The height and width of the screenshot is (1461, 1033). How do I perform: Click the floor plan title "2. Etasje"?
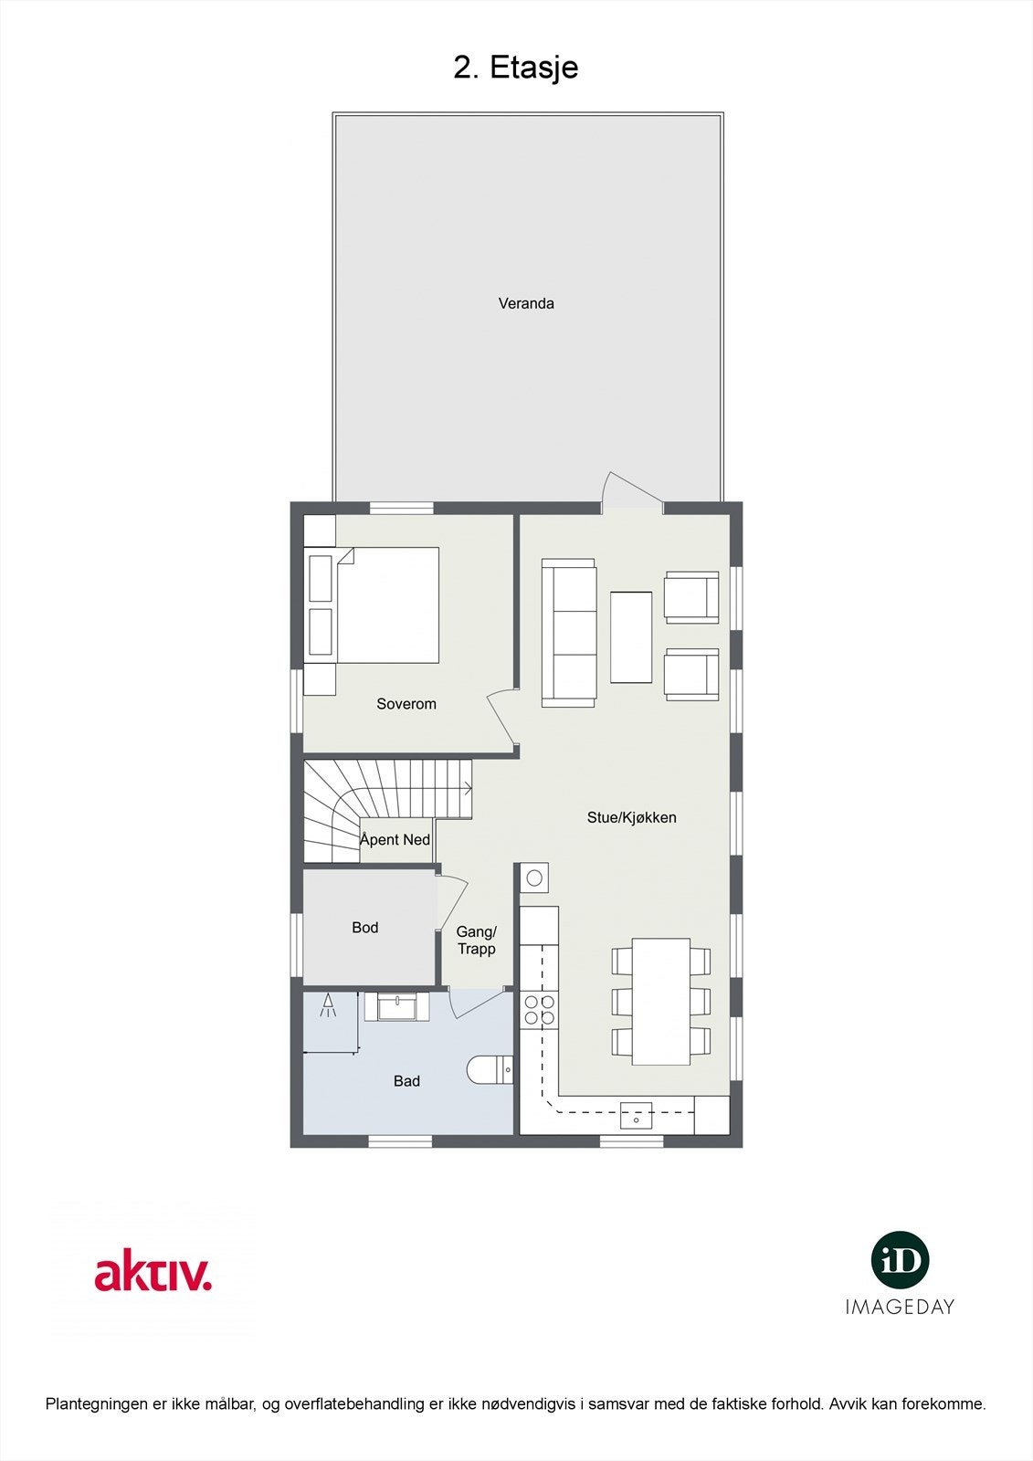516,68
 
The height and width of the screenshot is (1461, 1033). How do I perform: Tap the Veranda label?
526,303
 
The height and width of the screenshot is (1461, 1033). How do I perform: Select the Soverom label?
406,704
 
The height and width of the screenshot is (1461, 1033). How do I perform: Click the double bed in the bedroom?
387,604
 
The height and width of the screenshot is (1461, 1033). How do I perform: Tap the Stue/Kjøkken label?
631,817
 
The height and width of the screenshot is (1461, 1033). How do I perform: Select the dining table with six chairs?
661,1001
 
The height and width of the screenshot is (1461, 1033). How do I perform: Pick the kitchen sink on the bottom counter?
637,1115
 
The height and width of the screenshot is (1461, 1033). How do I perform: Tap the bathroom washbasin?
396,1007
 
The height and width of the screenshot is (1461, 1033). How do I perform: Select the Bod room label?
364,928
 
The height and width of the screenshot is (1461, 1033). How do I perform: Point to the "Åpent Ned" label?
395,840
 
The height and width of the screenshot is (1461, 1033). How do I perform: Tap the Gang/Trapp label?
476,941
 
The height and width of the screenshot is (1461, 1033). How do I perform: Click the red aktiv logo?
153,1273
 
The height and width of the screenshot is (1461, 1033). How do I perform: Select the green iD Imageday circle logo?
900,1260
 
